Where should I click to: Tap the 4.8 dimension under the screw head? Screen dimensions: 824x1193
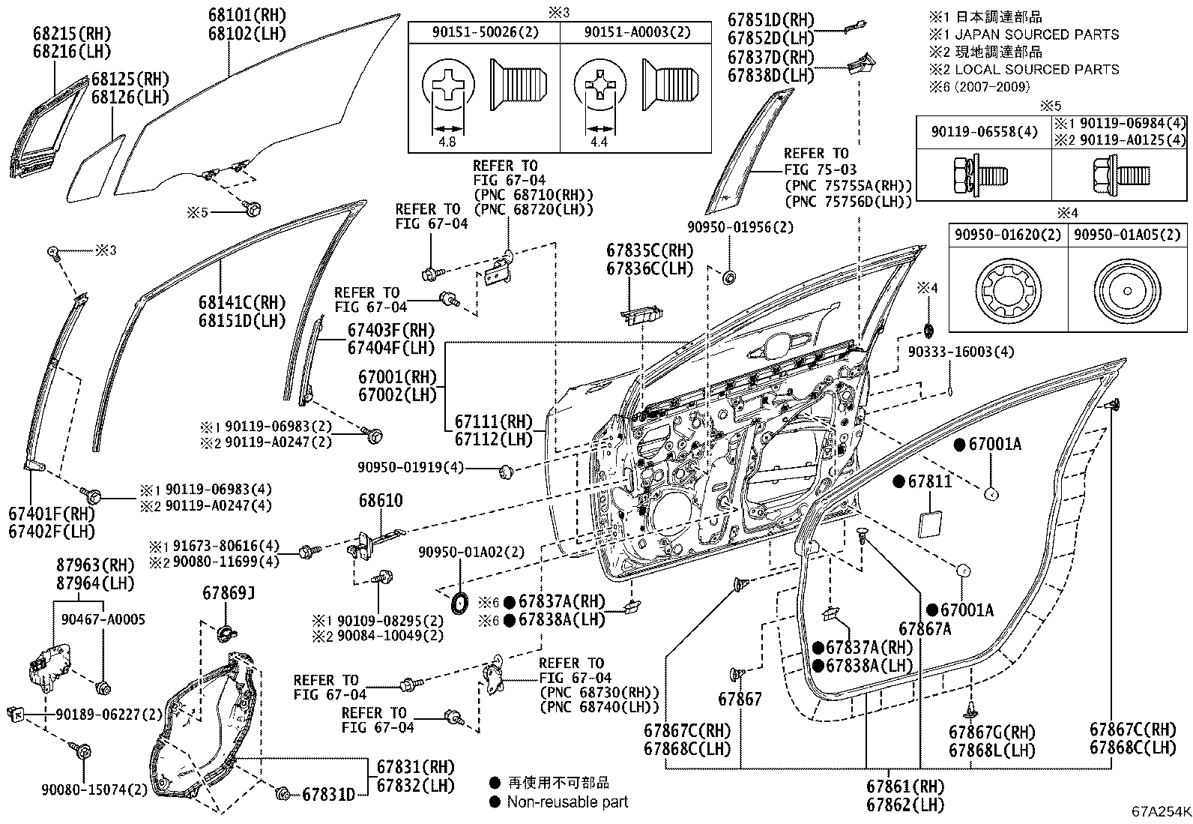click(448, 140)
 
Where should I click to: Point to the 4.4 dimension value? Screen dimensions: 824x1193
click(599, 140)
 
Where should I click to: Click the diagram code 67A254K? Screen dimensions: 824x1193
click(1161, 811)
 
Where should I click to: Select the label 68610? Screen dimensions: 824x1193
click(381, 501)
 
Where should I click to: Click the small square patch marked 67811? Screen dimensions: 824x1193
click(932, 523)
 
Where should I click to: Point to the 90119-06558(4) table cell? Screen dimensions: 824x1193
click(985, 131)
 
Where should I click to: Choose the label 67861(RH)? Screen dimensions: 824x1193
click(905, 787)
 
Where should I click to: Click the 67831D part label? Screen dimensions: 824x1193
click(328, 795)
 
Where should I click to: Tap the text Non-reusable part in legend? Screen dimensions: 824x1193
click(567, 802)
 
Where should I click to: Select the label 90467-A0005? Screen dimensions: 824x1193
click(103, 619)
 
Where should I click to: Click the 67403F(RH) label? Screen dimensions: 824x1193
click(390, 330)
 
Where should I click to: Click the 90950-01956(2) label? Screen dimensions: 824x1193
click(740, 226)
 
